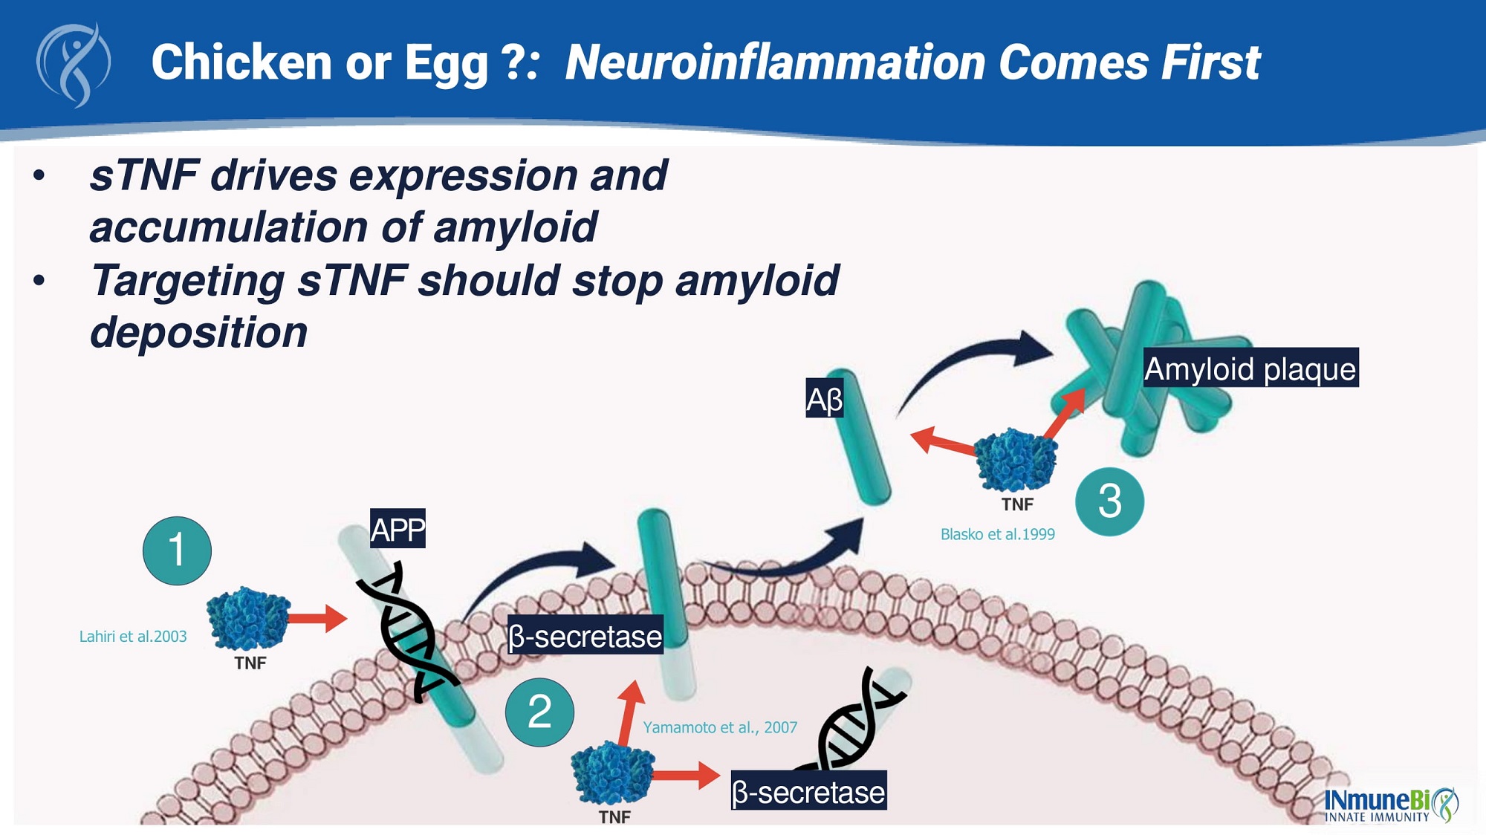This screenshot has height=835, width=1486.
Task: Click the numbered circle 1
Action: (x=177, y=550)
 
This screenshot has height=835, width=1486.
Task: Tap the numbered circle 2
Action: (x=539, y=712)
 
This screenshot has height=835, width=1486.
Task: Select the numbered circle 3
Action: (x=1109, y=501)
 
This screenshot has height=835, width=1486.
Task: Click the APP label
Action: (x=398, y=529)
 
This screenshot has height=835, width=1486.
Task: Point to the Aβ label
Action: (x=825, y=399)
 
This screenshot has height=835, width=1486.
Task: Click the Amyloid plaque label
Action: (x=1250, y=368)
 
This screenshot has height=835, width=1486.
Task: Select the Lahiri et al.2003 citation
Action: (x=133, y=637)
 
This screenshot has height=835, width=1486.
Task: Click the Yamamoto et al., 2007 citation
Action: (x=720, y=727)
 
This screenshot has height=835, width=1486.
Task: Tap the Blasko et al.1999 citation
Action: (x=997, y=534)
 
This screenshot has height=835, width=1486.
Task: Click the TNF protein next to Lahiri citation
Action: (x=247, y=620)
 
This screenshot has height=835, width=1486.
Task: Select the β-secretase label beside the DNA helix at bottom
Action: (x=808, y=792)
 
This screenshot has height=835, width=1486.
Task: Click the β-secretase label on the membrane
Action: (x=585, y=636)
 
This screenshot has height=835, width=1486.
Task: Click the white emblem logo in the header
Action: (x=74, y=65)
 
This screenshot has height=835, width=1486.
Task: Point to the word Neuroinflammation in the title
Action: (x=774, y=62)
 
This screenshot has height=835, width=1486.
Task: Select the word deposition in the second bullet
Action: (x=198, y=332)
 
